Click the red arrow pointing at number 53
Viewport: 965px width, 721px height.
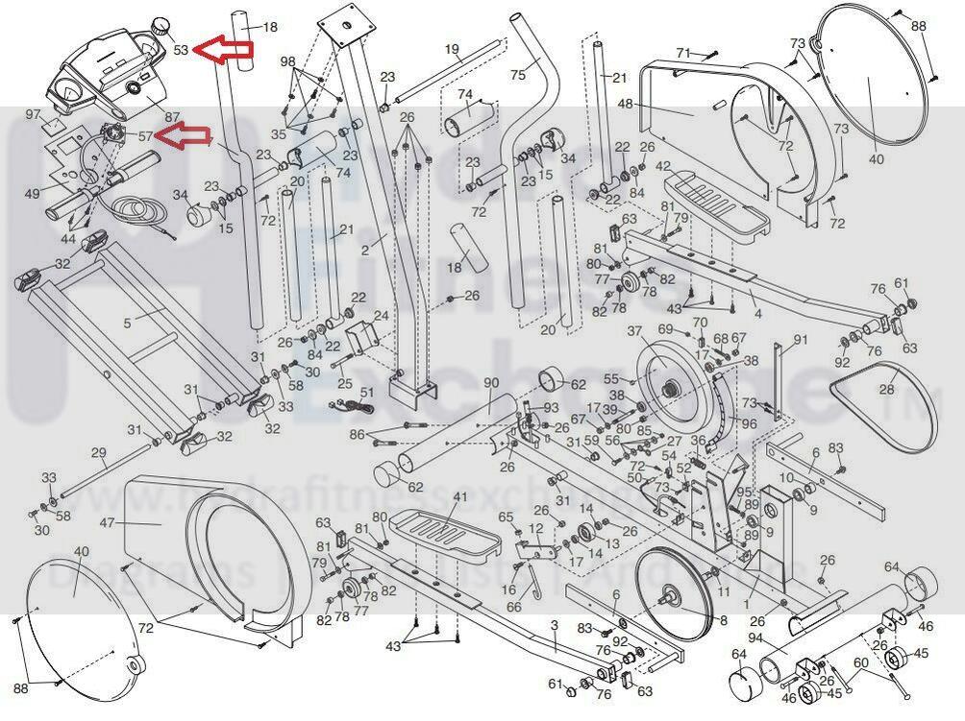point(224,49)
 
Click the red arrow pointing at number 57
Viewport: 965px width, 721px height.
point(184,138)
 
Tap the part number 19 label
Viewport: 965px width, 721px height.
point(452,49)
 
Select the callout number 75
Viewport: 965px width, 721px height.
point(518,75)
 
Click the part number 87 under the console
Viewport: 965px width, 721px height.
point(172,117)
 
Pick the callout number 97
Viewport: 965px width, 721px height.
point(34,114)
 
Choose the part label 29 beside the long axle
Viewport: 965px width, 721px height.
point(98,452)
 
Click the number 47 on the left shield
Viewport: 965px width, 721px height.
point(107,523)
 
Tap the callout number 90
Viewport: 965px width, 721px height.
point(491,383)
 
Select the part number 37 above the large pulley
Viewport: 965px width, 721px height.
point(634,331)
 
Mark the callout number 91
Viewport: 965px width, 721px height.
point(801,340)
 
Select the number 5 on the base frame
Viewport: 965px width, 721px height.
point(127,324)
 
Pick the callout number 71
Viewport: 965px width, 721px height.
point(684,52)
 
